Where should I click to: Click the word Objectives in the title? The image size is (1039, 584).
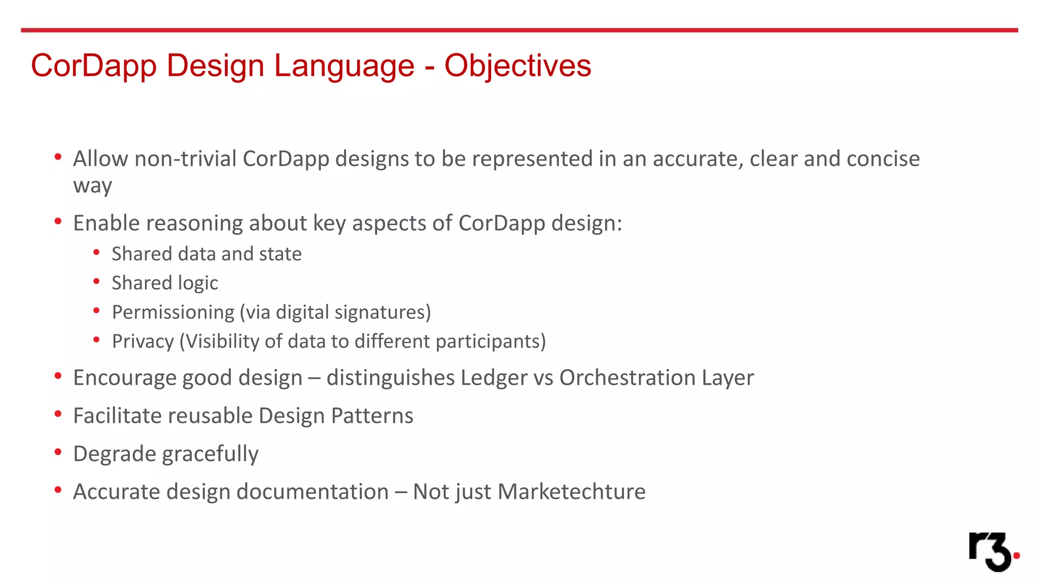coord(517,66)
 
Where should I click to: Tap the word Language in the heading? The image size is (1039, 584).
coord(344,66)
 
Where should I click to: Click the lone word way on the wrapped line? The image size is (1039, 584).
coord(92,186)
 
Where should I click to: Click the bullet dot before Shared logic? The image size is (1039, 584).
coord(96,281)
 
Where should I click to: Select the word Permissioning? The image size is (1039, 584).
coord(173,312)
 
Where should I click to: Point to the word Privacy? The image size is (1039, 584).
coord(143,341)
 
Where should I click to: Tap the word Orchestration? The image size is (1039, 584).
coord(627,378)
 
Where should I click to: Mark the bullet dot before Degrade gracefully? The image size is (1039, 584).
coord(58,452)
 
